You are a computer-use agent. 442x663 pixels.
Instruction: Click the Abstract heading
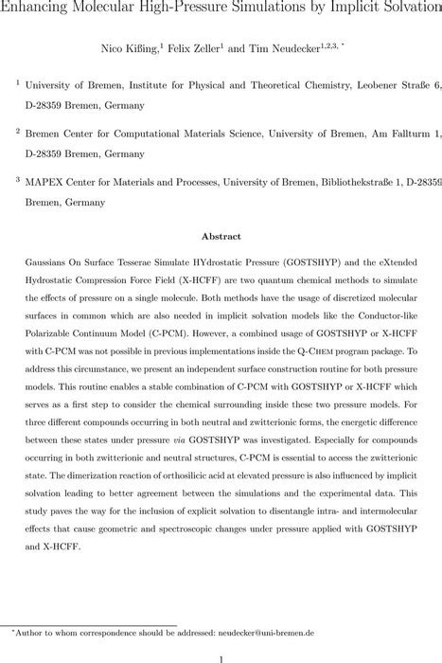[221, 237]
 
